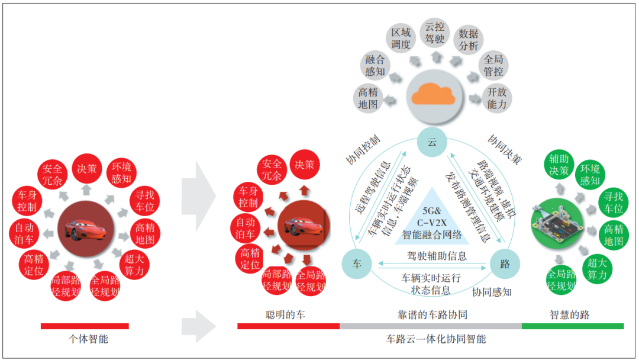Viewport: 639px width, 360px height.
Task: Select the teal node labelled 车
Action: point(357,264)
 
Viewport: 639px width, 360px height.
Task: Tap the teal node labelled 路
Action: point(505,264)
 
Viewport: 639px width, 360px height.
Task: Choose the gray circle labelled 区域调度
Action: point(401,38)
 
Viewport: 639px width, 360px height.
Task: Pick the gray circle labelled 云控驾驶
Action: point(435,33)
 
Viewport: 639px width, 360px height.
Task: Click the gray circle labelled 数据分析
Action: point(468,40)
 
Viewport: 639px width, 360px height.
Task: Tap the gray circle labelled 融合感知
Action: point(375,66)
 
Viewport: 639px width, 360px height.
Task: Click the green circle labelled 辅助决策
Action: point(559,165)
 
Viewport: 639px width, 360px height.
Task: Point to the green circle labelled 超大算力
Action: point(597,269)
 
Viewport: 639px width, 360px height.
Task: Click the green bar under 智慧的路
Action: point(572,326)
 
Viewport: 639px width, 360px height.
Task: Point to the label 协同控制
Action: point(362,149)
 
